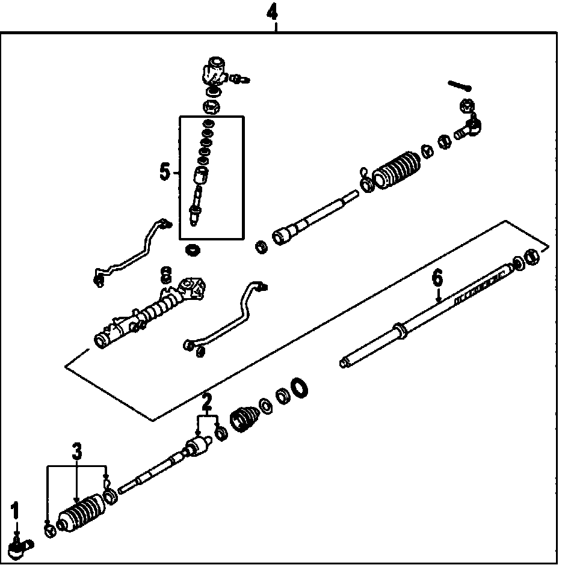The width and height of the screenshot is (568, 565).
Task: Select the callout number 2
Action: [x=206, y=401]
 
